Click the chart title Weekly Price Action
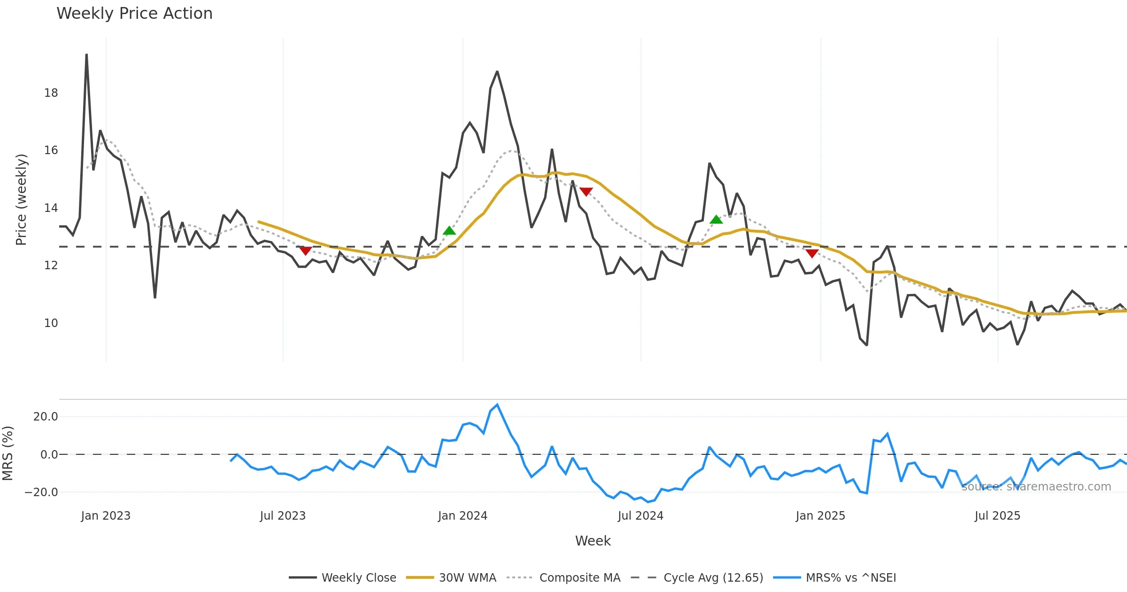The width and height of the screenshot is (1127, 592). [134, 14]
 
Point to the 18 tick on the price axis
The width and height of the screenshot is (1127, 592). [51, 93]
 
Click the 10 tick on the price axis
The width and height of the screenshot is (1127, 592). [51, 323]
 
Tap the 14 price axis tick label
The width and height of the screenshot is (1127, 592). [51, 208]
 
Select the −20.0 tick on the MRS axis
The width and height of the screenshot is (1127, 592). [41, 492]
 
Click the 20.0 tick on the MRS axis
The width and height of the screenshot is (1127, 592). [46, 417]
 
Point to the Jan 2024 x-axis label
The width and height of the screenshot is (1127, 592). [463, 516]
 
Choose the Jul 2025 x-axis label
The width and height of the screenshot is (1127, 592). [997, 516]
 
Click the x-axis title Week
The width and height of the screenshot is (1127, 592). [593, 541]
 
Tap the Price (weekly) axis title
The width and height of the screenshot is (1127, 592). [22, 200]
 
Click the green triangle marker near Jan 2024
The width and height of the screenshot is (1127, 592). [449, 231]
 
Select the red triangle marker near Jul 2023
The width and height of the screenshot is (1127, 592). [306, 251]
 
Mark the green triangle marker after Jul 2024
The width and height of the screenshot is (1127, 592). [716, 219]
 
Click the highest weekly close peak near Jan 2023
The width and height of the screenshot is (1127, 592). [86, 55]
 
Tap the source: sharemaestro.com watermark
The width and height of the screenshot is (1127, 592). [1036, 487]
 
